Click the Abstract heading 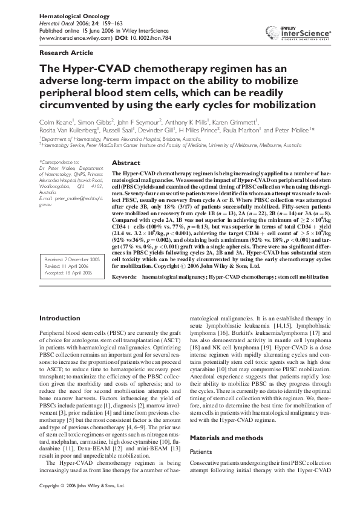[126, 163]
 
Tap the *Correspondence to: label [59, 163]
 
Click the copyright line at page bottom [82, 502]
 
